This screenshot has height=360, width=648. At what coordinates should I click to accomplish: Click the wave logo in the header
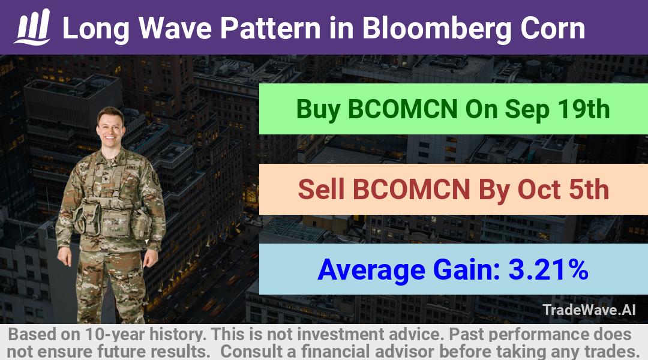coord(32,27)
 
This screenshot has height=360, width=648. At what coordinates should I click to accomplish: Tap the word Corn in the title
coord(553,28)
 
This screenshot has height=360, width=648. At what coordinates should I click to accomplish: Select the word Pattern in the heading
coord(270,28)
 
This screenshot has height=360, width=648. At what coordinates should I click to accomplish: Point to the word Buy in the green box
coord(318,110)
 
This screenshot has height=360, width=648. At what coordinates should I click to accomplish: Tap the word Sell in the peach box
coord(321,189)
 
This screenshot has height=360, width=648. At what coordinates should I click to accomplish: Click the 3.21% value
coord(548,269)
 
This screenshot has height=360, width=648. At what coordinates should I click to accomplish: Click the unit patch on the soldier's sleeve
coord(155,178)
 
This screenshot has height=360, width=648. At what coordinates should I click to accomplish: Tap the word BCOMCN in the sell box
coord(411,189)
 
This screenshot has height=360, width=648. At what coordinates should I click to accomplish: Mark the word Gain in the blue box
coord(467,269)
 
